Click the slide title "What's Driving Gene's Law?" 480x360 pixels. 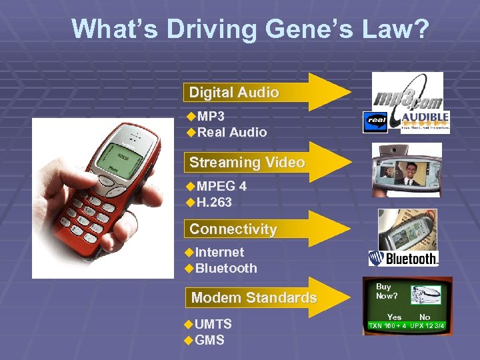tap(250, 29)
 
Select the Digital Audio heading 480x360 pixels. tap(233, 93)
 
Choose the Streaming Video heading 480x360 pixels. tap(247, 162)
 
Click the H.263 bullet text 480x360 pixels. tap(214, 202)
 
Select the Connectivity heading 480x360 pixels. tap(233, 229)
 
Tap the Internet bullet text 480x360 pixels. tap(219, 252)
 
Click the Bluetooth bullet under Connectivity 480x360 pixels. tap(226, 268)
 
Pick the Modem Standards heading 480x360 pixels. tap(253, 297)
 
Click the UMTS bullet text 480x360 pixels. tap(213, 324)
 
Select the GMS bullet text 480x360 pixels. tap(209, 340)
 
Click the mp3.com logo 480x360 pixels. tap(406, 91)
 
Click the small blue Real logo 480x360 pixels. tap(375, 123)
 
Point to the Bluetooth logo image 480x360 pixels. tap(403, 259)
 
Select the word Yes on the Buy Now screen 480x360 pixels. tap(394, 317)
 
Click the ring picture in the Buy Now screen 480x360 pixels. tap(425, 294)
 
